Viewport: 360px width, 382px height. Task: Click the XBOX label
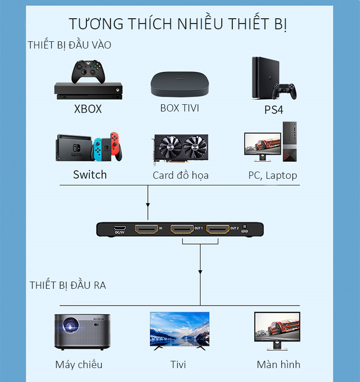[x=88, y=109]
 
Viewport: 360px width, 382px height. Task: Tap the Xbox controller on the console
[x=88, y=72]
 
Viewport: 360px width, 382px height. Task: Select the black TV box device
[x=180, y=84]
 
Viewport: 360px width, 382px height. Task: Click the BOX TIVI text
[x=180, y=108]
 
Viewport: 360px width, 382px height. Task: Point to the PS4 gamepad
[x=284, y=91]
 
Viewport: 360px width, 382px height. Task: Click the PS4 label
[x=274, y=110]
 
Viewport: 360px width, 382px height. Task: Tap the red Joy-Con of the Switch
[x=115, y=146]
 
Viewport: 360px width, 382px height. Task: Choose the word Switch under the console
[x=90, y=175]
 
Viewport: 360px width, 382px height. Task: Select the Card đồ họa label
[x=180, y=175]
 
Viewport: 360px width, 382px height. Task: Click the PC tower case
[x=289, y=142]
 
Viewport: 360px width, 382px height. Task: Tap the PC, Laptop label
[x=273, y=175]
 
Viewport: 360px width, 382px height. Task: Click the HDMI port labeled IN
[x=146, y=229]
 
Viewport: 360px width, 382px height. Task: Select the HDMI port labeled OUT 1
[x=182, y=229]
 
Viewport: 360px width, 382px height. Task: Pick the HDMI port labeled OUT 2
[x=218, y=229]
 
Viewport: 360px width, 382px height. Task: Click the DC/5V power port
[x=120, y=228]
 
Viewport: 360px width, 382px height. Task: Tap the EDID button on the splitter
[x=245, y=227]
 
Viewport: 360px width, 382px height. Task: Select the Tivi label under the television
[x=178, y=364]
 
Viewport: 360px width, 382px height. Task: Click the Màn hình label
[x=278, y=364]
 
